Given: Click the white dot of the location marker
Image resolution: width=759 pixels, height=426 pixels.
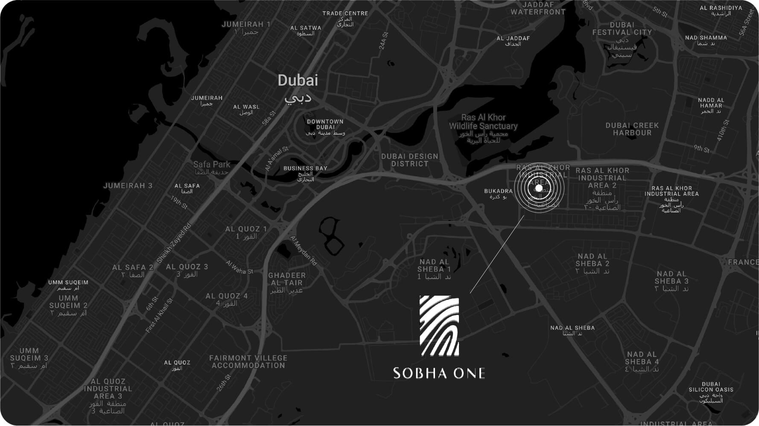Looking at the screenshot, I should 539,188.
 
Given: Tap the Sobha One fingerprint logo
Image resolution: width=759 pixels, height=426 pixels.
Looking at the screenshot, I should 439,326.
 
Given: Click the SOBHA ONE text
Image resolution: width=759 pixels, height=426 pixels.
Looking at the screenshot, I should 439,373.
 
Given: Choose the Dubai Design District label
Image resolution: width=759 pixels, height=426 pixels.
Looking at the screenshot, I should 409,160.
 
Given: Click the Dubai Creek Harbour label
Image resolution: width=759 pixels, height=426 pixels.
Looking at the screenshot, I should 632,129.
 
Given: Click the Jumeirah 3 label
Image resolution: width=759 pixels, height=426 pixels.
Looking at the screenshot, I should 128,185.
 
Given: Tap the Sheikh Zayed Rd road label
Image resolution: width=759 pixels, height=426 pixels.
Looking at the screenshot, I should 174,243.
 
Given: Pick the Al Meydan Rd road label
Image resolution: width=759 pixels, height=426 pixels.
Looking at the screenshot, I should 304,251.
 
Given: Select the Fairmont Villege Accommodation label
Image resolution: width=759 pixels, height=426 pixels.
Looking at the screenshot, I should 248,361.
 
